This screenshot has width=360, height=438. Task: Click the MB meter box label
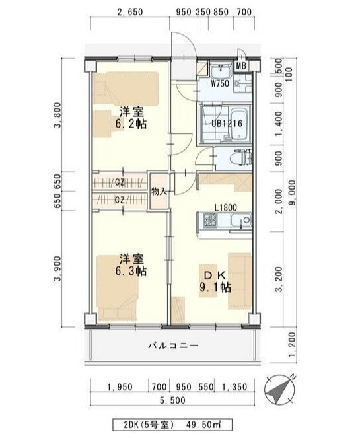[x=240, y=66]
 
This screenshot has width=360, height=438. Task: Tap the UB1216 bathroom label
[x=227, y=124]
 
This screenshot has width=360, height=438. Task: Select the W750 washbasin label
[x=220, y=83]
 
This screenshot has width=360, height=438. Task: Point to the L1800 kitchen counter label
[x=225, y=207]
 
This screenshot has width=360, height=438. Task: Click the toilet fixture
[x=240, y=159]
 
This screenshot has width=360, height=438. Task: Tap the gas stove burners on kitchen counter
[x=210, y=220]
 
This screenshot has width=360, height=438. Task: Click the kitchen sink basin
[x=240, y=221]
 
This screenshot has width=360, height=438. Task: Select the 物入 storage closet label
[x=159, y=192]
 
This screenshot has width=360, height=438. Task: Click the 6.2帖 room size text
[x=131, y=124]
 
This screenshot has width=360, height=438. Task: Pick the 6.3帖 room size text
[x=131, y=271]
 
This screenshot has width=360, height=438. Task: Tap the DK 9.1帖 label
[x=215, y=281]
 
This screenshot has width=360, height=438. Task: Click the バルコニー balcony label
[x=173, y=346]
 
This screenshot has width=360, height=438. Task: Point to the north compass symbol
[x=279, y=390]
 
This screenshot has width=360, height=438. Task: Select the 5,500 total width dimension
[x=172, y=400]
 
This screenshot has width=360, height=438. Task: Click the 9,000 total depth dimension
[x=293, y=193]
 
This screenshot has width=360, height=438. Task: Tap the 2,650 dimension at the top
[x=130, y=12]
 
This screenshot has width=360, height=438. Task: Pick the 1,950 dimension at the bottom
[x=120, y=387]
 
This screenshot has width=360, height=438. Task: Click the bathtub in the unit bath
[x=240, y=124]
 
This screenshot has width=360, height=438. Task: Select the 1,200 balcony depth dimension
[x=293, y=344]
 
